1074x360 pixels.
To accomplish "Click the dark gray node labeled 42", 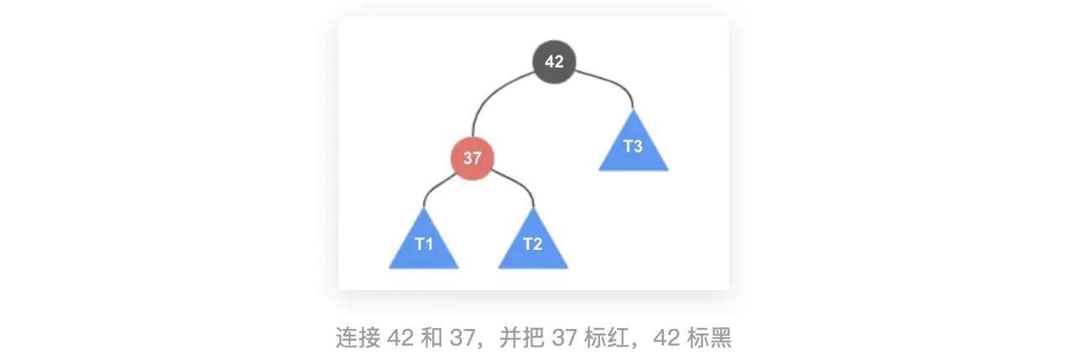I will coord(554,61).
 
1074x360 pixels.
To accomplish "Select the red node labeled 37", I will coord(472,158).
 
